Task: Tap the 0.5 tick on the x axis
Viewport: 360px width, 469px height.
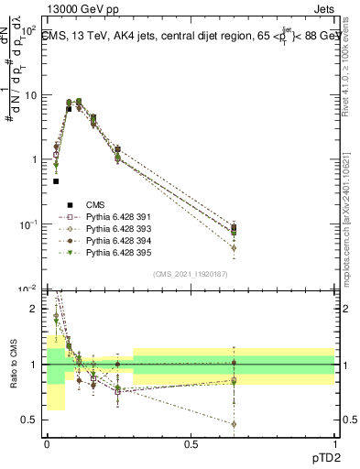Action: [191, 444]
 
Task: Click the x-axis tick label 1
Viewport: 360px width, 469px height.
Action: [334, 444]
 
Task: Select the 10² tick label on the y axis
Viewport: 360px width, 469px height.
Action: [27, 30]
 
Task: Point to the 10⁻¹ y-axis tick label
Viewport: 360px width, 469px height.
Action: [27, 224]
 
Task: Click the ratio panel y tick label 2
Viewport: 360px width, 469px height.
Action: [35, 309]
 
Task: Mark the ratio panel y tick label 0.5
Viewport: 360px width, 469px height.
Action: [31, 421]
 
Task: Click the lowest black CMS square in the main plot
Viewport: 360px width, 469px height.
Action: [56, 181]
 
